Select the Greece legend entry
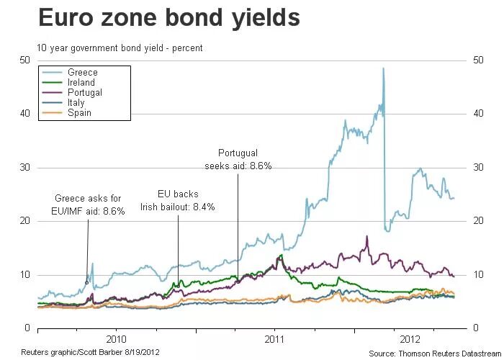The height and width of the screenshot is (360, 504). click(82, 73)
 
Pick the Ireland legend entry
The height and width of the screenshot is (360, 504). click(81, 83)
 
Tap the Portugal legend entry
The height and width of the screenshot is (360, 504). click(84, 93)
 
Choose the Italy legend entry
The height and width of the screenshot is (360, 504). click(76, 103)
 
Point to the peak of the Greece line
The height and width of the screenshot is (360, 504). click(383, 68)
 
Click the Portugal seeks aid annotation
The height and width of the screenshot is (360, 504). click(237, 159)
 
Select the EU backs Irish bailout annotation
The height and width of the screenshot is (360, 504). click(178, 200)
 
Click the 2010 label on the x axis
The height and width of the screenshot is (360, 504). click(116, 338)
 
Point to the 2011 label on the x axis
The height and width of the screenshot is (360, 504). click(274, 338)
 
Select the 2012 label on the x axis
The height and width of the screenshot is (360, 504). click(409, 338)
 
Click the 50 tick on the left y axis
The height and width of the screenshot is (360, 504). click(24, 60)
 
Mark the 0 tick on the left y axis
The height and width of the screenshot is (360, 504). click(27, 328)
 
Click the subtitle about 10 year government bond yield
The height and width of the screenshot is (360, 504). click(120, 48)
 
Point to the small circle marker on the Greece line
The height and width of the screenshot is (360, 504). click(87, 282)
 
